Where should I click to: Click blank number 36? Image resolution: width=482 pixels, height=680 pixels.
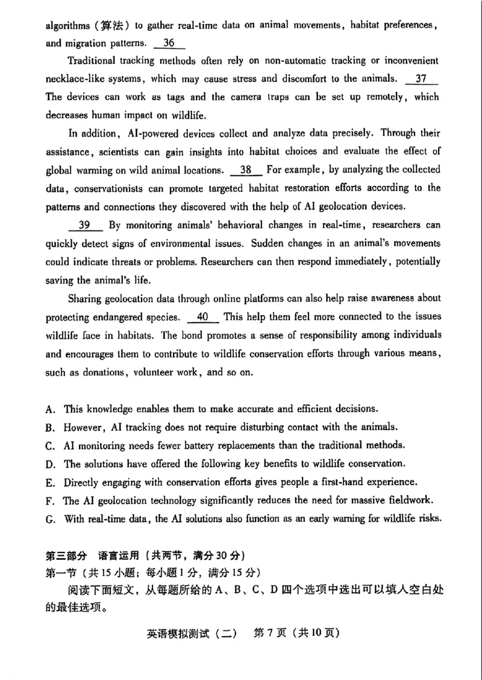tap(169, 43)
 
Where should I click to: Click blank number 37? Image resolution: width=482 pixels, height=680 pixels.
tap(422, 79)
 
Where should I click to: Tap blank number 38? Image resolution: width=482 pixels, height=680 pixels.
tap(246, 170)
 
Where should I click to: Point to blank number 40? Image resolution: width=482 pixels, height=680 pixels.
tap(203, 317)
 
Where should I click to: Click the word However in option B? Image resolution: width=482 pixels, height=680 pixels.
tap(85, 427)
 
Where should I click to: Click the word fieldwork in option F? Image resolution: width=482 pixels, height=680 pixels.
tap(413, 501)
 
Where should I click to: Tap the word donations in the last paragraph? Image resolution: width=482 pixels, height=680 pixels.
tap(103, 372)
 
